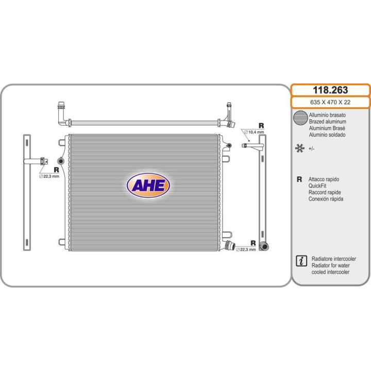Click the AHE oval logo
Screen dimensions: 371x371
tap(148, 185)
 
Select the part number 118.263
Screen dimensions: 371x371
tap(330, 90)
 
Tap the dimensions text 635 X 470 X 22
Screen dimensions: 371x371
tap(330, 102)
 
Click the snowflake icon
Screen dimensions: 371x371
tap(299, 148)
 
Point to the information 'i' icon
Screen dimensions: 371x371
tap(301, 261)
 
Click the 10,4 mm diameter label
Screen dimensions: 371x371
tap(254, 132)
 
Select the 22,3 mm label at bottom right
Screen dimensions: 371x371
tap(246, 249)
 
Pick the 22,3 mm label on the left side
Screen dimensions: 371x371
tap(49, 176)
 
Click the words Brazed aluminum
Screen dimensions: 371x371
tap(328, 122)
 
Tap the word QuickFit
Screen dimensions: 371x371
tap(317, 185)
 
